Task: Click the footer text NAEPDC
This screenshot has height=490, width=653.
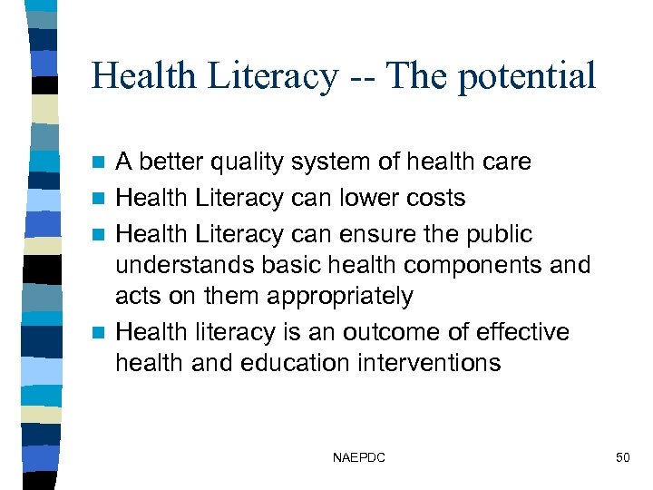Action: (x=359, y=458)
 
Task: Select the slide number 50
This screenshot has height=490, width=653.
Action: (x=622, y=458)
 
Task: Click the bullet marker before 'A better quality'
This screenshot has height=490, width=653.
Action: (x=102, y=162)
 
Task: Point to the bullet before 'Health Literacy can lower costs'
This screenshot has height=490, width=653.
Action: (x=102, y=198)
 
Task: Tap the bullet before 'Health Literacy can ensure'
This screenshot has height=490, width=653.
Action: (x=102, y=234)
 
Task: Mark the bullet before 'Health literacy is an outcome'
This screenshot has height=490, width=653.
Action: (x=102, y=332)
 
